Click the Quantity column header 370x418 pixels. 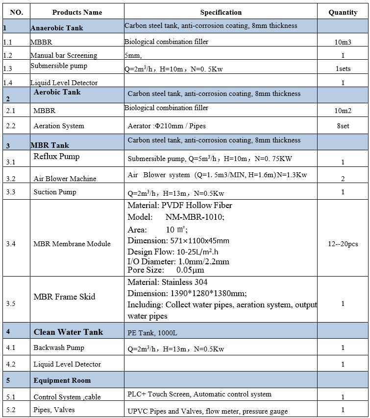coord(343,12)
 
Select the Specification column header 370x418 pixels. coord(221,12)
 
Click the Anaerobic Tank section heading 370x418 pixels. coord(57,28)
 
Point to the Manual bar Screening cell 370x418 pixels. coord(64,55)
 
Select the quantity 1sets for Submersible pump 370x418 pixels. coord(343,69)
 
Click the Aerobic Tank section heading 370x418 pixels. coord(57,92)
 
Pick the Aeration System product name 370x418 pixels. coord(59,126)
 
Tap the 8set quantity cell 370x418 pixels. coord(343,126)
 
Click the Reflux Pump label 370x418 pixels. coord(56,157)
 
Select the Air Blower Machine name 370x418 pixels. coord(65,179)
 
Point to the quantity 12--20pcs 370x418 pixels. coord(343,244)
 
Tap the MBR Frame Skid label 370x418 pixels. coord(64,297)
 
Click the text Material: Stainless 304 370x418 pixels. coord(168,282)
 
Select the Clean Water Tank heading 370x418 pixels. coord(68,332)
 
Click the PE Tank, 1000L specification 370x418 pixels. coord(152,333)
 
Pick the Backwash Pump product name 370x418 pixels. coord(59,348)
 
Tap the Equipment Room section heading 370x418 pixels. coord(62,380)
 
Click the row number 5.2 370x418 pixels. coord(11,410)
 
